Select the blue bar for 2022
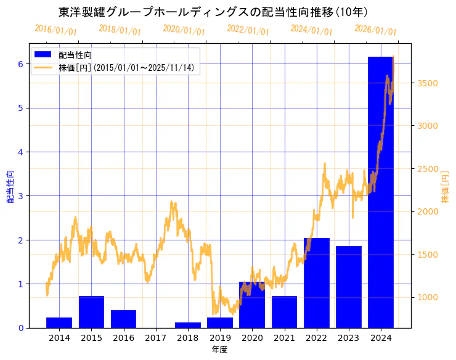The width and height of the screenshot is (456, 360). tap(316, 283)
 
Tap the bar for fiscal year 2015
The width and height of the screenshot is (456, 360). tap(91, 312)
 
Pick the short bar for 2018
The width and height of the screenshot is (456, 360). tap(187, 325)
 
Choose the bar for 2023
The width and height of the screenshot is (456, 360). tap(349, 287)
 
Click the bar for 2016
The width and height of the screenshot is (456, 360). tap(123, 319)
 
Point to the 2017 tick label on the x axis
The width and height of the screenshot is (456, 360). tap(155, 338)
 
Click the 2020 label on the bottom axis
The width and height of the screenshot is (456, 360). tap(252, 338)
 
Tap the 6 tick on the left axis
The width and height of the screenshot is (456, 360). tap(20, 64)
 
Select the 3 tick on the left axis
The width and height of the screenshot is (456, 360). tap(20, 196)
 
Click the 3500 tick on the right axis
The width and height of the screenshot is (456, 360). tap(426, 83)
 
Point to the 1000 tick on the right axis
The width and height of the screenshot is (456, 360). tap(426, 297)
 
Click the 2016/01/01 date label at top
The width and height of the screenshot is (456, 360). tap(55, 30)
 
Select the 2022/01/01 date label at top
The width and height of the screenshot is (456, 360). tap(248, 30)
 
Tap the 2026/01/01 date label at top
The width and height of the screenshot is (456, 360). tap(375, 30)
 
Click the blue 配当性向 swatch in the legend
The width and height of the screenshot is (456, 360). tap(44, 55)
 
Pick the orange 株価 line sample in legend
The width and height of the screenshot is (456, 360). tap(44, 68)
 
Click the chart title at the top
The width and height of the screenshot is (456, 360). tap(213, 12)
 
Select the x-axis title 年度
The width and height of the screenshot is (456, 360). tap(219, 350)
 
